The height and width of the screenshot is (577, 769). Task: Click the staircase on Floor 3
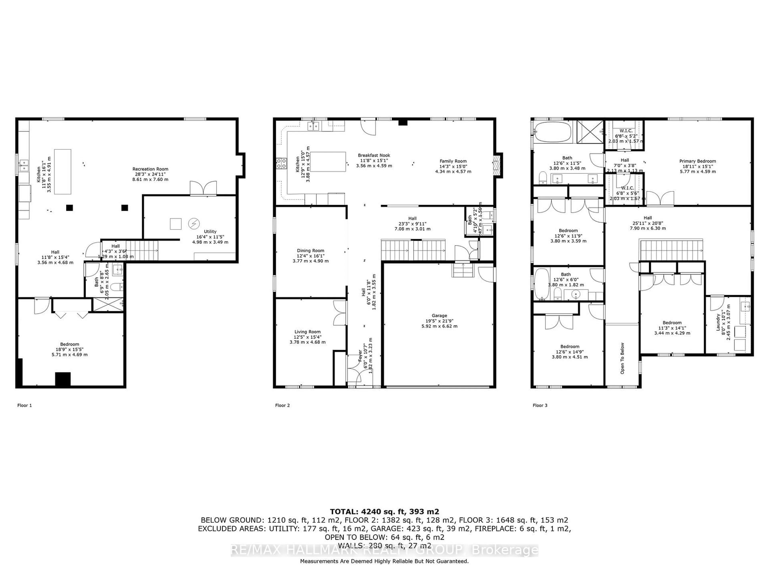coord(671,250)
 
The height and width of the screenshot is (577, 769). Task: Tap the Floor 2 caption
coord(282,405)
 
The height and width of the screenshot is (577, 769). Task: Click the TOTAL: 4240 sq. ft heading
coord(384,512)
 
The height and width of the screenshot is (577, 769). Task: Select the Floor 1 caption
coord(24,405)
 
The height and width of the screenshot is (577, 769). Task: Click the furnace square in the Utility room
coord(176,224)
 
